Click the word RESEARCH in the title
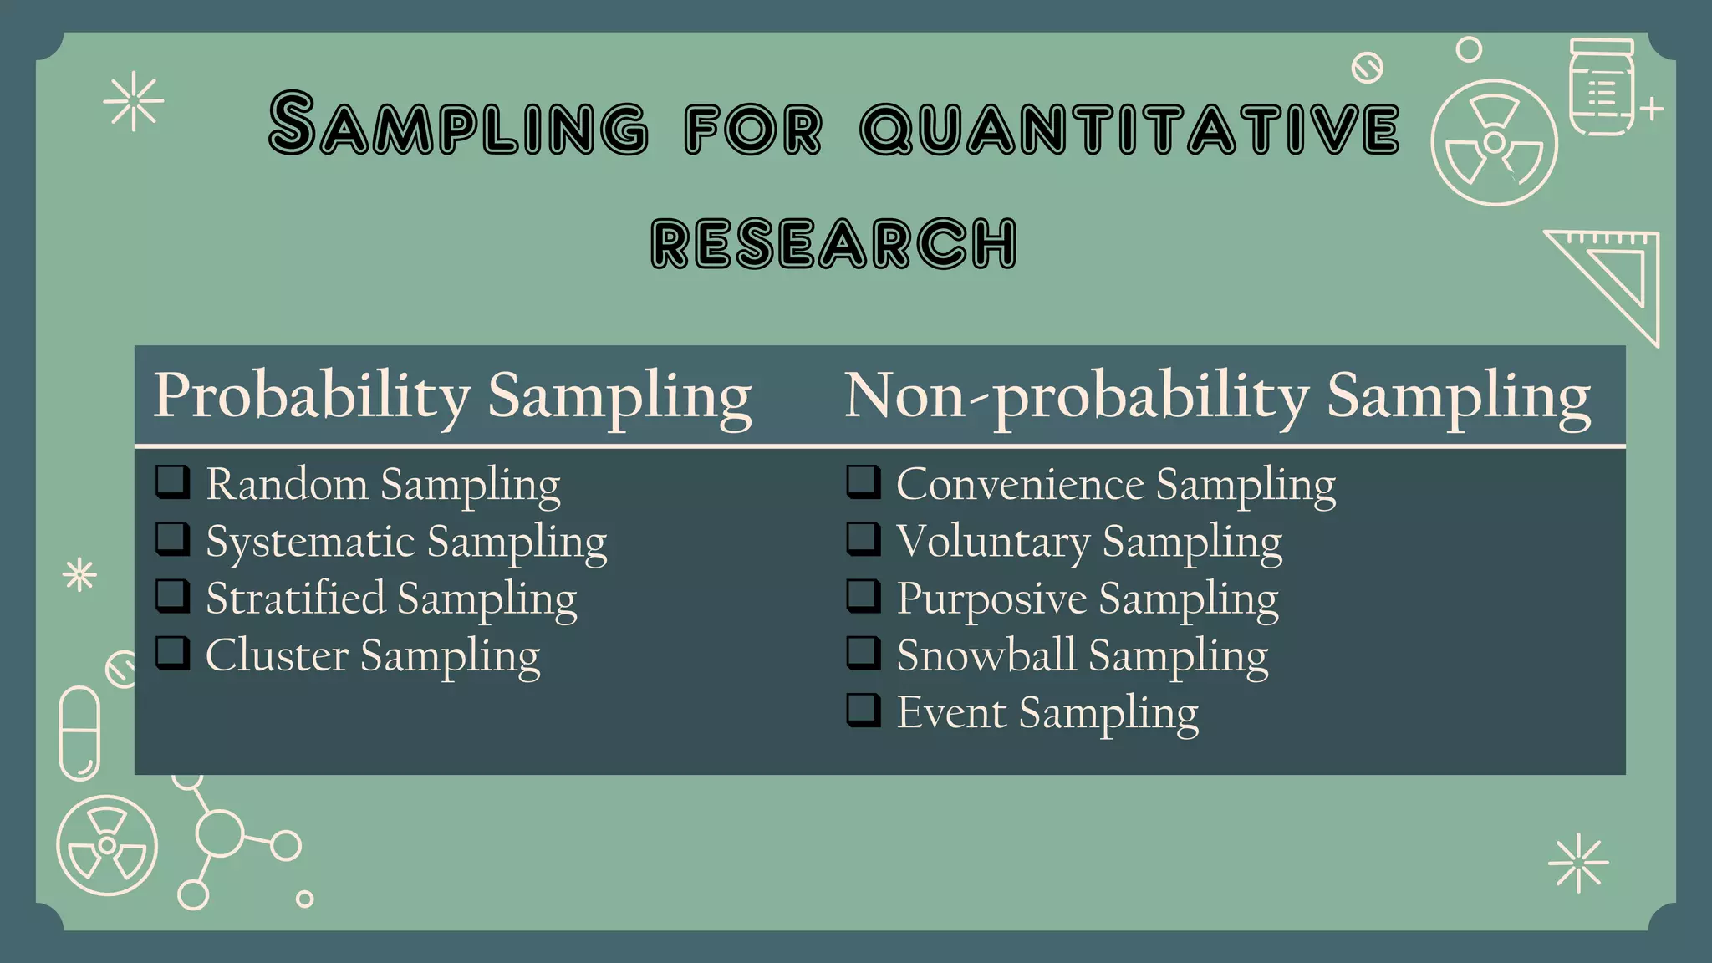(x=833, y=243)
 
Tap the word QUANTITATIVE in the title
(x=1129, y=129)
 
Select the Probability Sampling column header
(x=452, y=395)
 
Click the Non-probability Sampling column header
(x=1217, y=395)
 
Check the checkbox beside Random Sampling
(x=172, y=482)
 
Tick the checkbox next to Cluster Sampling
(x=172, y=653)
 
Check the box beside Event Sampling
(x=863, y=710)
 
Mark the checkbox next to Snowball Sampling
(x=863, y=653)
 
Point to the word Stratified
(x=295, y=599)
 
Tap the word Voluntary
(x=993, y=542)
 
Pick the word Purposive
(x=991, y=599)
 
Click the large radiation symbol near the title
(x=1494, y=143)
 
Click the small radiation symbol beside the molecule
(x=107, y=845)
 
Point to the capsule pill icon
(x=79, y=733)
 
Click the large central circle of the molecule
(x=219, y=833)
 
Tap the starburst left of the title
(x=134, y=102)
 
